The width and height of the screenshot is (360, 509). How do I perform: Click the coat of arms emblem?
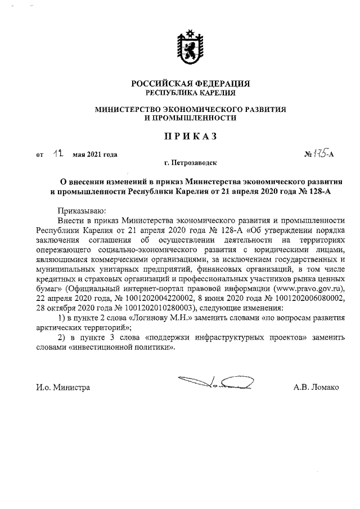coord(186,47)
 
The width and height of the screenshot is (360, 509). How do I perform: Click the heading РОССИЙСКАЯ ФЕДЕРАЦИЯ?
coord(190,83)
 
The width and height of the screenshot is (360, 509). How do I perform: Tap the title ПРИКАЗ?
coord(190,136)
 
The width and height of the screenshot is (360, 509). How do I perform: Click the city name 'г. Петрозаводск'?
coord(190,163)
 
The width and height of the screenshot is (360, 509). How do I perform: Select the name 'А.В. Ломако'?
coord(316,388)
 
